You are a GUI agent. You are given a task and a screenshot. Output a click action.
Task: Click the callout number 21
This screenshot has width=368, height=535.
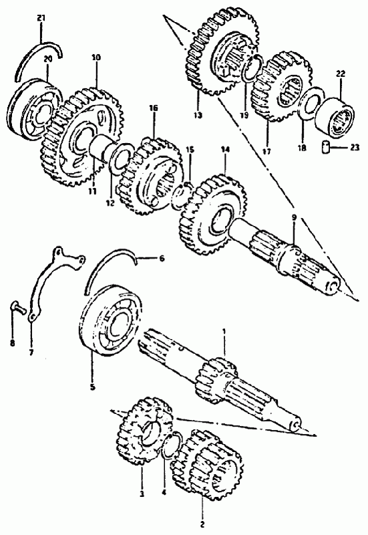click(x=41, y=18)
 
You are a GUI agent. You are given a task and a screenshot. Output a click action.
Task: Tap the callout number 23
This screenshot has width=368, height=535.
click(x=355, y=148)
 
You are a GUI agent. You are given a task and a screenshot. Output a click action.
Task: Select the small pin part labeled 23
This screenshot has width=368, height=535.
click(x=326, y=148)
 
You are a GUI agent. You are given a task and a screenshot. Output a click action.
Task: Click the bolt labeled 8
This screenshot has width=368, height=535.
click(x=19, y=308)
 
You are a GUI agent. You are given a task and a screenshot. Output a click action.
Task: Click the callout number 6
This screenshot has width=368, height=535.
click(x=162, y=258)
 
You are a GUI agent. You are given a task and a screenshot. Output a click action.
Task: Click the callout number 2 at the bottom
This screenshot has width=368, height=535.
click(x=202, y=524)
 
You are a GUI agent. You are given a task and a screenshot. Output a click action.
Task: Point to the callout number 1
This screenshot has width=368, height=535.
click(x=224, y=331)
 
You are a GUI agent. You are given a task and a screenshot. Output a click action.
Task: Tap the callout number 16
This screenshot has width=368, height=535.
click(x=154, y=108)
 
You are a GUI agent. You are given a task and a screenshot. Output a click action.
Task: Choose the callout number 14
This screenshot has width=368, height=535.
click(x=225, y=149)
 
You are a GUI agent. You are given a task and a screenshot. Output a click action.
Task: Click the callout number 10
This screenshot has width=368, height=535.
click(x=96, y=58)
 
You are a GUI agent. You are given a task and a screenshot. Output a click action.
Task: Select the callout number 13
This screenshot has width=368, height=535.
click(x=198, y=115)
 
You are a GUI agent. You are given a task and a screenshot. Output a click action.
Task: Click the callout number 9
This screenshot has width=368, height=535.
click(x=294, y=217)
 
